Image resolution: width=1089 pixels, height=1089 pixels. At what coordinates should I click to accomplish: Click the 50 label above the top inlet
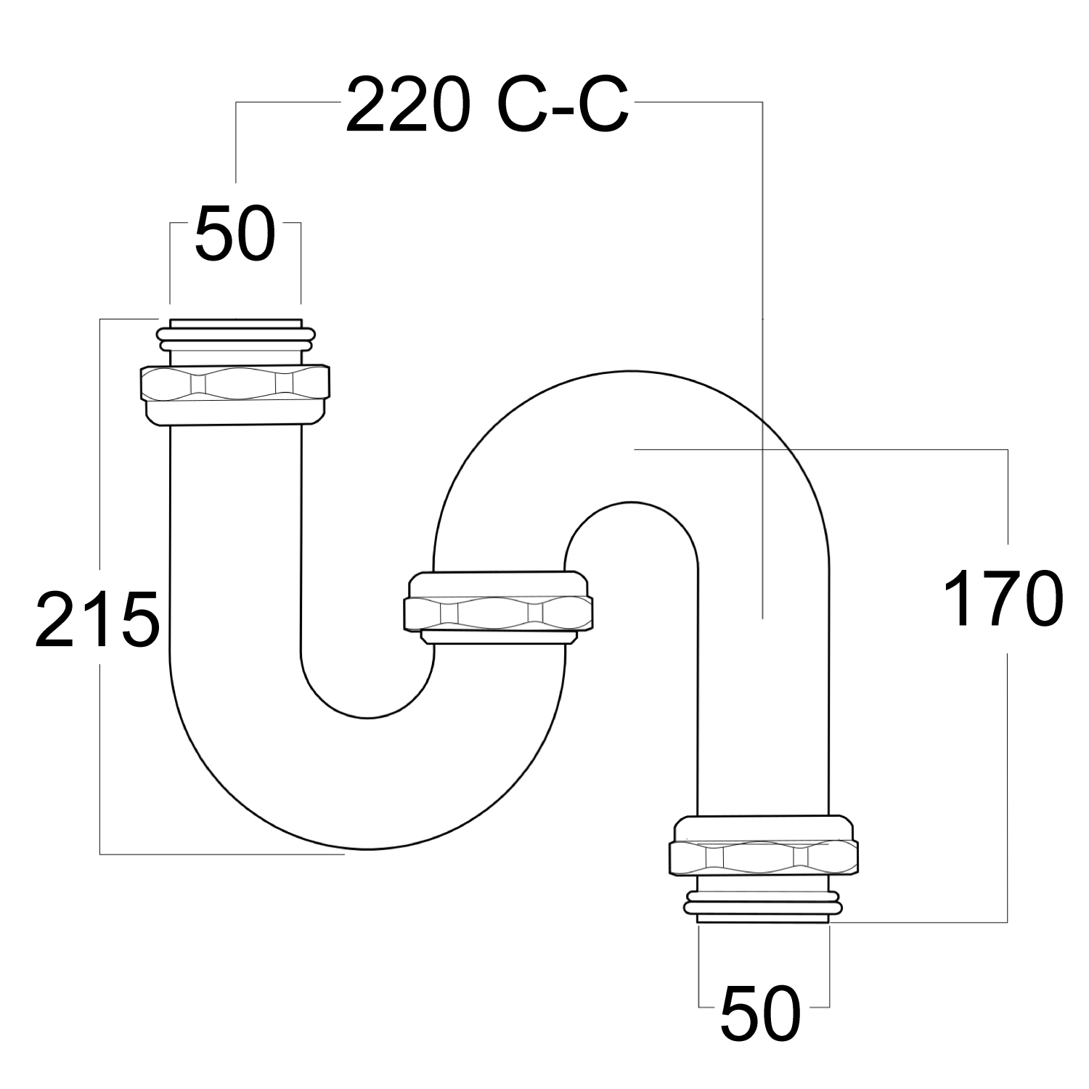(x=235, y=233)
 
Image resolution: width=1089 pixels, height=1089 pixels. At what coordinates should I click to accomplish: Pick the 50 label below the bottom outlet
(x=760, y=1013)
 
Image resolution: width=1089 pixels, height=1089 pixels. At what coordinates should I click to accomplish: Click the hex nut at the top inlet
(x=234, y=385)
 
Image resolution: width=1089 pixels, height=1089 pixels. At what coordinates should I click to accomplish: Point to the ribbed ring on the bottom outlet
(x=762, y=906)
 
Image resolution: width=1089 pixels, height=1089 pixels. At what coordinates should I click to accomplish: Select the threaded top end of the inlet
(x=235, y=323)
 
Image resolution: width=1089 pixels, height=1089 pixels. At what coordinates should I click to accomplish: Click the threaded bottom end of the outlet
(x=762, y=919)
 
